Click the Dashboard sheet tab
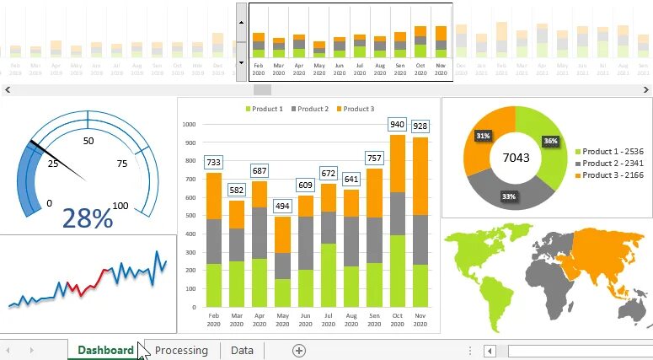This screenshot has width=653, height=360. click(105, 350)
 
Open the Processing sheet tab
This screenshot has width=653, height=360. click(181, 350)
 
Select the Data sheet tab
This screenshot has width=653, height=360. click(242, 350)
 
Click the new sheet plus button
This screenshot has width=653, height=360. click(298, 350)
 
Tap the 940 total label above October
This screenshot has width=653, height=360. click(397, 125)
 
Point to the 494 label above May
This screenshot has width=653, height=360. click(282, 206)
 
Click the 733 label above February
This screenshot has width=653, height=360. click(214, 163)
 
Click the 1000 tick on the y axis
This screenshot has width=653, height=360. click(189, 124)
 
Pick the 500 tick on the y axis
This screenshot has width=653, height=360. click(190, 216)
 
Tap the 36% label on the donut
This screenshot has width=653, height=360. click(550, 141)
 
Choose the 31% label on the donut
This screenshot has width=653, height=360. click(483, 136)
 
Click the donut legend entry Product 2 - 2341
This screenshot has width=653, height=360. click(613, 163)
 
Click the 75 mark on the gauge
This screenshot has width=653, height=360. click(121, 164)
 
